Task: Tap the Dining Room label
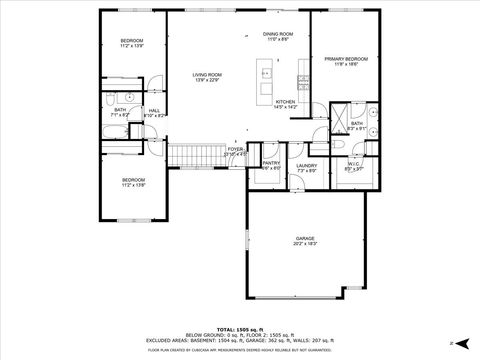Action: point(278,34)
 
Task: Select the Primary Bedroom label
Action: point(346,60)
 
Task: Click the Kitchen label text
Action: point(286,102)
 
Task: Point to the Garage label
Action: point(304,239)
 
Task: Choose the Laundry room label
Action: point(306,166)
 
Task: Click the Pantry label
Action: point(271,163)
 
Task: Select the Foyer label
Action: point(235,149)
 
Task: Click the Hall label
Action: point(154,111)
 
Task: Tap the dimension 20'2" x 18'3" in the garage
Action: point(304,245)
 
